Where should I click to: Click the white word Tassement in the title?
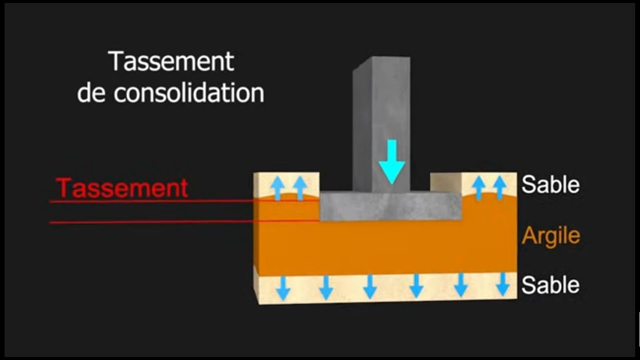click(171, 61)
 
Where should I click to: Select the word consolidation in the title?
click(189, 93)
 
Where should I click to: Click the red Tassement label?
click(122, 188)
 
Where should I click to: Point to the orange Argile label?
click(550, 235)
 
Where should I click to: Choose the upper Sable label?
click(550, 185)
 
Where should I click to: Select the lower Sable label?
click(550, 285)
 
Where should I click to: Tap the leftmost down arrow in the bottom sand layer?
click(283, 287)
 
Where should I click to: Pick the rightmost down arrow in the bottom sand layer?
click(502, 284)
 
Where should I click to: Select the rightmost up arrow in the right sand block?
click(499, 188)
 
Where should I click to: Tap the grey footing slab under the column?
click(390, 207)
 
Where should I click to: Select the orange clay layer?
click(385, 247)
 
